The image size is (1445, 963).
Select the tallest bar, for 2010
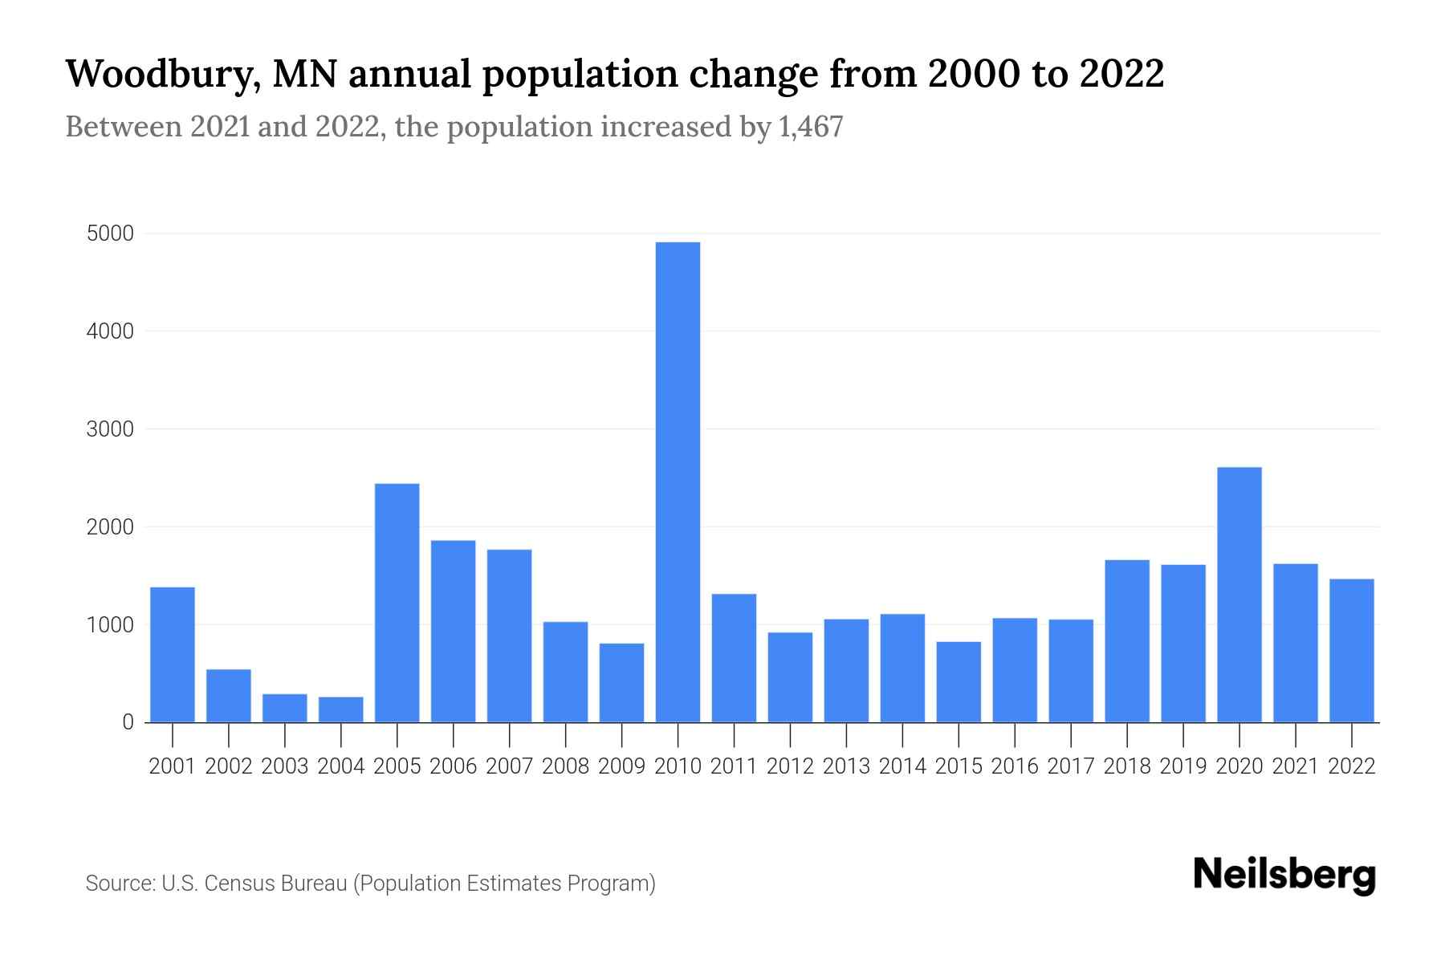[x=678, y=481]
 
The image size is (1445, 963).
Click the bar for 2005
[x=397, y=602]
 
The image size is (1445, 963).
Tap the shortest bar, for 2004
[x=341, y=709]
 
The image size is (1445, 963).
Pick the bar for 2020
[x=1239, y=594]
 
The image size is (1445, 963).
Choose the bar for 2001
[x=173, y=654]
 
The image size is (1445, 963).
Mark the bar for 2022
[x=1352, y=650]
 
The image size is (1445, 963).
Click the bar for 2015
[x=959, y=681]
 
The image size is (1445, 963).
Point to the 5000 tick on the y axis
[x=110, y=234]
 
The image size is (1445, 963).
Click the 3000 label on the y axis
[x=110, y=429]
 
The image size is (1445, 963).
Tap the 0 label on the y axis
[x=128, y=722]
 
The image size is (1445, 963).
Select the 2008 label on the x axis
[x=565, y=766]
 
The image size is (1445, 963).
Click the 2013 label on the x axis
[x=846, y=766]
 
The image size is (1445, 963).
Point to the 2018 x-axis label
[x=1127, y=766]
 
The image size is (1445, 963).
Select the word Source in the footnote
[x=119, y=884]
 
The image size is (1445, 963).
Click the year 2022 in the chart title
[x=1121, y=74]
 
